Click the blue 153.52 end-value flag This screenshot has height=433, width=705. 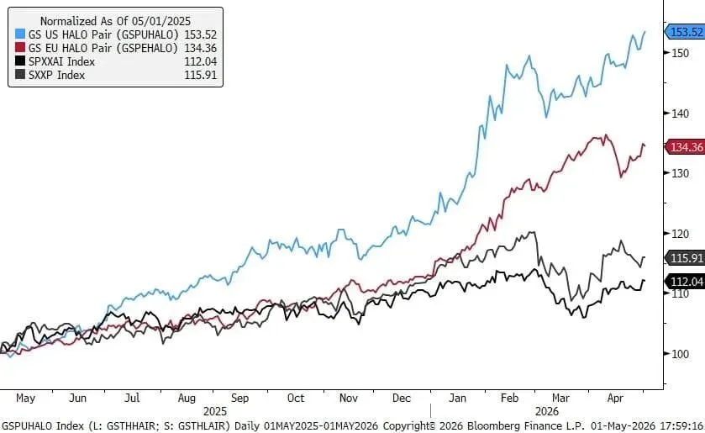[x=684, y=32]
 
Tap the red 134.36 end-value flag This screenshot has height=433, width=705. [x=684, y=147]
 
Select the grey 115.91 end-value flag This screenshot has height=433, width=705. [x=684, y=258]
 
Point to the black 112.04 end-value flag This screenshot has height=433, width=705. [x=684, y=282]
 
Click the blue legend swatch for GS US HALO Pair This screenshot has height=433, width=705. [x=20, y=34]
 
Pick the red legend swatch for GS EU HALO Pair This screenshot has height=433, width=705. [x=20, y=48]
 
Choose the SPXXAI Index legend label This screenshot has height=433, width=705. [x=61, y=61]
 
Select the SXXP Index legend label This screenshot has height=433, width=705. [x=56, y=75]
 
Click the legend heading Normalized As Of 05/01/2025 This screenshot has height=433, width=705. [x=116, y=21]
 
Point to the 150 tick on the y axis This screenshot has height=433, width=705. [x=681, y=53]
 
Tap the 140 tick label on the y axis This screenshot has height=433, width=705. [x=681, y=114]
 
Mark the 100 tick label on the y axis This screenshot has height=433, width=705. [x=681, y=354]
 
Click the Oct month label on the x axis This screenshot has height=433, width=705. [x=296, y=399]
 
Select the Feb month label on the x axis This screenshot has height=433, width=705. [x=509, y=399]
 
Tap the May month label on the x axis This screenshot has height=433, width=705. [x=25, y=399]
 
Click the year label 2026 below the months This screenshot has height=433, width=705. [x=547, y=411]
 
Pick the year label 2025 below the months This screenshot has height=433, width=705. [x=215, y=411]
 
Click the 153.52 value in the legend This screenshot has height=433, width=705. [x=201, y=34]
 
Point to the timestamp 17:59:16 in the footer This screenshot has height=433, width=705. [x=681, y=425]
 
